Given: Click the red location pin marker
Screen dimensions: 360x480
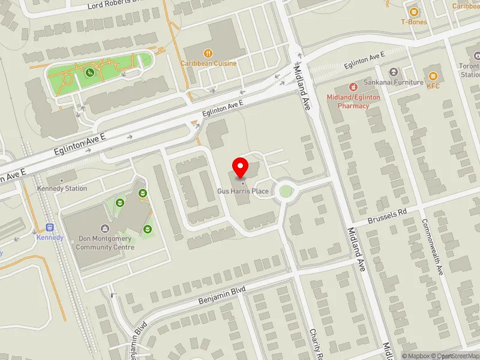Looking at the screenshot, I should pos(241,167).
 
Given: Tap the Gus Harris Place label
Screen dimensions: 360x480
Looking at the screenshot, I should pos(243,191).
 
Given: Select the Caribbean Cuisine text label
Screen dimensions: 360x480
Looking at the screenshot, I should pos(208,63).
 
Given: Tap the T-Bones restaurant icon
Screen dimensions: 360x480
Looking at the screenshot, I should pos(413,11).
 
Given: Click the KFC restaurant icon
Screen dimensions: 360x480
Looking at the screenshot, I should pos(433,76).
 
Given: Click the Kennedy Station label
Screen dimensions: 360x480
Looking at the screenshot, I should pos(62,188).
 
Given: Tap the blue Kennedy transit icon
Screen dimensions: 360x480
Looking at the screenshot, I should pos(50,227).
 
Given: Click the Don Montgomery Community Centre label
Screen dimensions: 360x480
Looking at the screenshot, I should pos(106,243).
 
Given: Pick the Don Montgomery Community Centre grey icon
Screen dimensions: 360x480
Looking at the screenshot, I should pos(106,228).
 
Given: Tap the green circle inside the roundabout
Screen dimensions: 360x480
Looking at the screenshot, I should pos(286,191).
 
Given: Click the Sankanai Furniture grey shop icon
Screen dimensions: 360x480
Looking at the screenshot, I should pos(394,72).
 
